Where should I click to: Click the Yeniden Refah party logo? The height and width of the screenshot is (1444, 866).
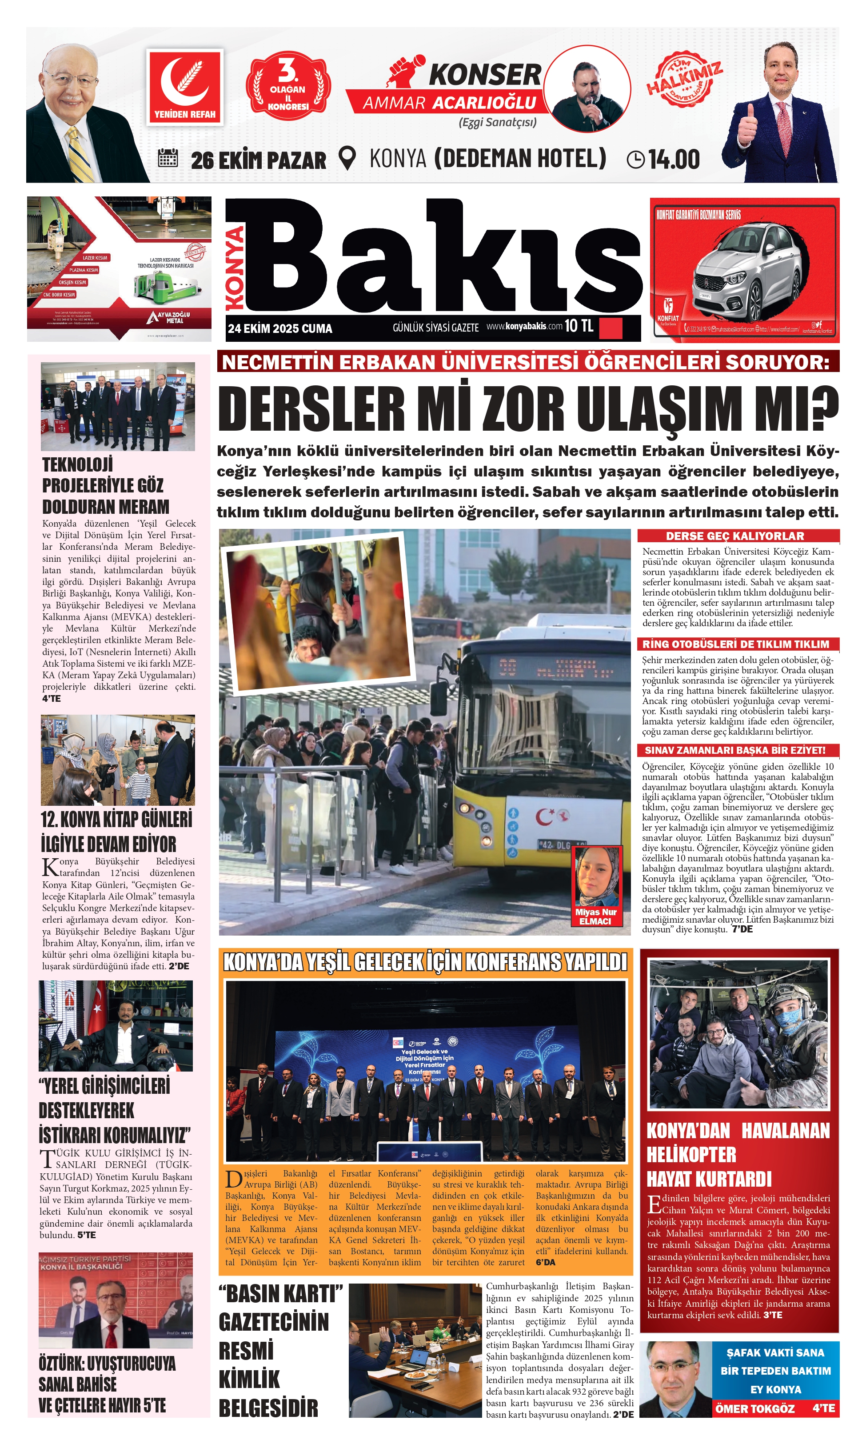[184, 86]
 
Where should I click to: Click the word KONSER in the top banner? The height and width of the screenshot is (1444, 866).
[484, 75]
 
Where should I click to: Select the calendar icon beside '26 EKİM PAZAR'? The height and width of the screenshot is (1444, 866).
[168, 158]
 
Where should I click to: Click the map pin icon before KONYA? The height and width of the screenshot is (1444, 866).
[347, 158]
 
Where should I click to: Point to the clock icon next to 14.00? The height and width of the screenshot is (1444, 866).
[635, 160]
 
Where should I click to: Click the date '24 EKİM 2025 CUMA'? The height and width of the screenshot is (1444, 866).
[279, 328]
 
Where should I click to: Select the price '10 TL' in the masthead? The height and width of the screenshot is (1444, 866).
[579, 326]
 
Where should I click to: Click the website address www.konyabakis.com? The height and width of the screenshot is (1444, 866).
[524, 326]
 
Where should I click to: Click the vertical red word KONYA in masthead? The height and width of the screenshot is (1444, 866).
[235, 268]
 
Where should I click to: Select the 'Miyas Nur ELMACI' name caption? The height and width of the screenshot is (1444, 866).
[596, 916]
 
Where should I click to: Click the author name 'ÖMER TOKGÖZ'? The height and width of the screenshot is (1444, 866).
[754, 1408]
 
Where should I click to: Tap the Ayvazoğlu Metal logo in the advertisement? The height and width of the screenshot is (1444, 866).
[170, 317]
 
